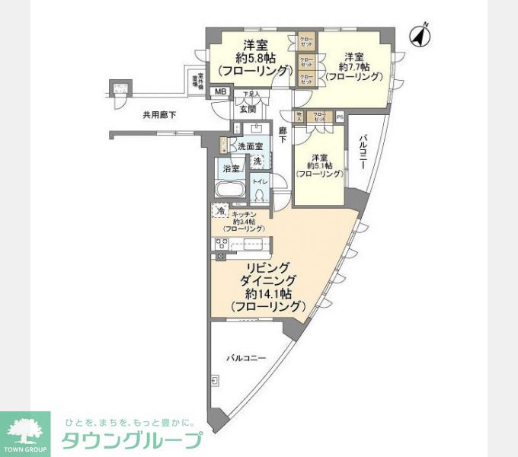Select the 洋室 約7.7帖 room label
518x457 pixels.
point(353,67)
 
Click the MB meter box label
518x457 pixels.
point(220,92)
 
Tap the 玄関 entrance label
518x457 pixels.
point(248,109)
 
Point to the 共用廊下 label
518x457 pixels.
point(159,116)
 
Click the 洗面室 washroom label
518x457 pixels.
point(250,146)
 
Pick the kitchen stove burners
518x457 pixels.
point(222,244)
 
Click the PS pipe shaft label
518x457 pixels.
point(339,117)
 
